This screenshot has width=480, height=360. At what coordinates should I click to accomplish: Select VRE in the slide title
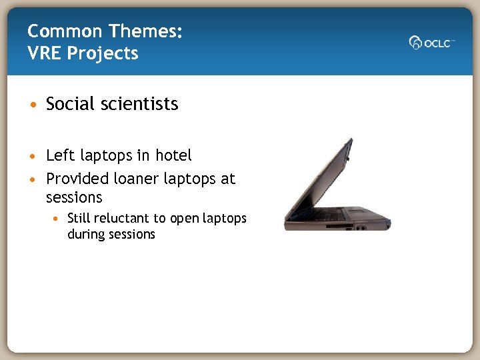[x=45, y=53]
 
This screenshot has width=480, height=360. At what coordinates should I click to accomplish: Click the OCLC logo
[x=432, y=42]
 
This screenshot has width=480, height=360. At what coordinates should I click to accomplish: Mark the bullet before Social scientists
[x=33, y=105]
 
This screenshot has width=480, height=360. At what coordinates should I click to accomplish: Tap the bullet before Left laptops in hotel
[x=33, y=157]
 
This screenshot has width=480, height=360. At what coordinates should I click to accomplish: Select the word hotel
[x=173, y=156]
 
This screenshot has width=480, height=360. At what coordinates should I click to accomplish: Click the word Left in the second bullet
[x=60, y=156]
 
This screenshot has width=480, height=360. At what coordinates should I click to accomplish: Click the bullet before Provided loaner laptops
[x=33, y=180]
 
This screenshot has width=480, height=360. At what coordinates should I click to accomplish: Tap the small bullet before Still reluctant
[x=59, y=219]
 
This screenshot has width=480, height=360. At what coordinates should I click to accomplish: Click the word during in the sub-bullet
[x=85, y=234]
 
